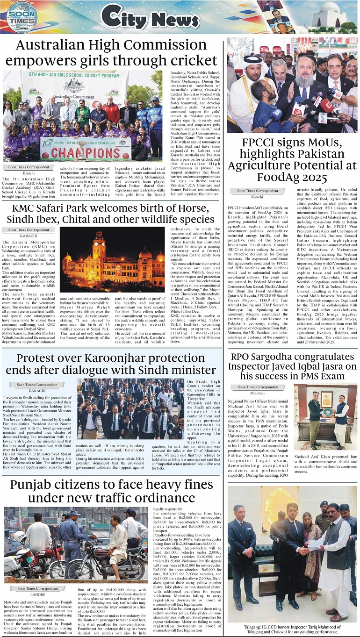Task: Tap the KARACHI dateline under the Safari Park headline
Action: tap(28, 236)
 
